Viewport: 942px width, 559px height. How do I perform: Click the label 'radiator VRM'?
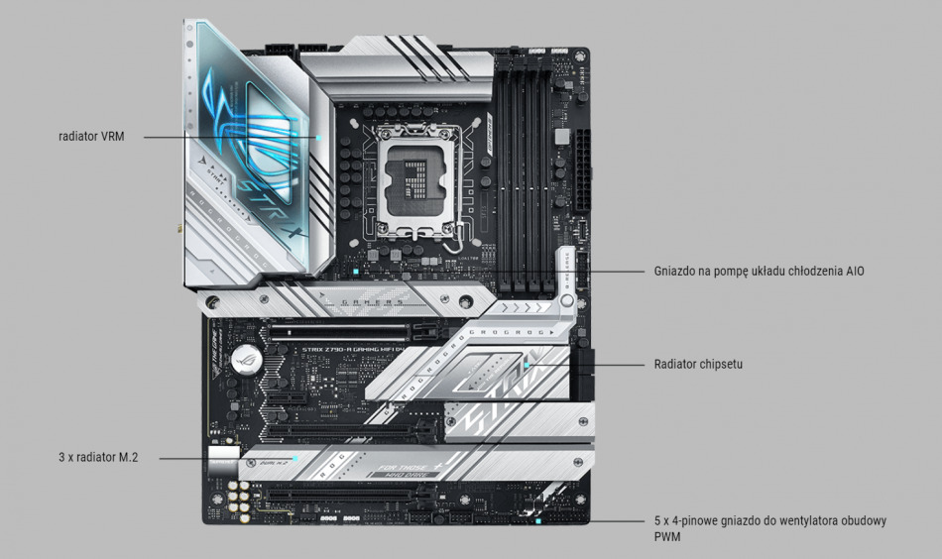coord(91,136)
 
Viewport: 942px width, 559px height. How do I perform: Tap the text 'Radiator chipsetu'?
coord(698,365)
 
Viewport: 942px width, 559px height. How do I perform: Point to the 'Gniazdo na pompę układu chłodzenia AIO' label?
coord(760,270)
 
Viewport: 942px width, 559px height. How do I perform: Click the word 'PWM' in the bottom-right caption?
coord(667,536)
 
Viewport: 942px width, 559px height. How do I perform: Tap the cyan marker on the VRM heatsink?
coord(319,137)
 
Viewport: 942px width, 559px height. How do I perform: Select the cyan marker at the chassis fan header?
coord(536,520)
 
